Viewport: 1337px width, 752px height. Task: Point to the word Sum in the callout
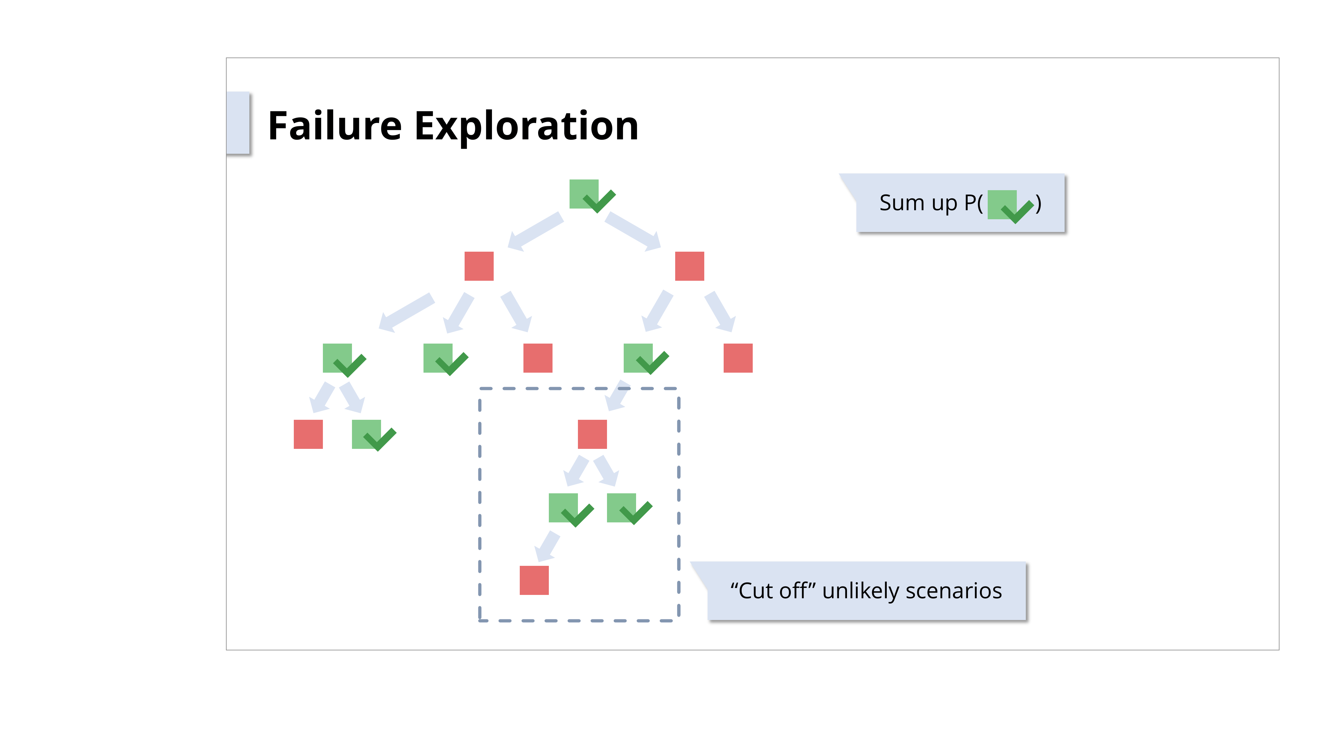coord(901,203)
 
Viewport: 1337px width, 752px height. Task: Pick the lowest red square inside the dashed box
coord(534,580)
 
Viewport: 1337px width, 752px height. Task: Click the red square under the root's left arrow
coord(479,266)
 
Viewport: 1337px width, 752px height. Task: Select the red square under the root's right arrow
coord(689,266)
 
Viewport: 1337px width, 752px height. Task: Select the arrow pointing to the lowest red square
coord(548,546)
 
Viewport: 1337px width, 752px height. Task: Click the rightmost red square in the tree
coord(738,358)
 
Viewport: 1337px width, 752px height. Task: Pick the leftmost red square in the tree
coord(308,434)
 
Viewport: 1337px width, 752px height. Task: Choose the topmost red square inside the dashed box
coord(592,434)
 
